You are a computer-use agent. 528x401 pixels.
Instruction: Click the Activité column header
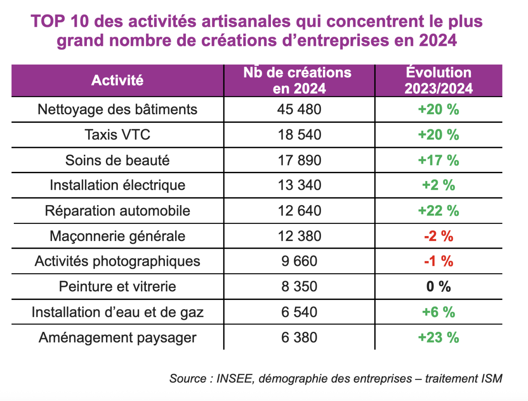117,80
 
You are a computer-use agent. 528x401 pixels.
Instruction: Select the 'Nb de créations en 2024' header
299,80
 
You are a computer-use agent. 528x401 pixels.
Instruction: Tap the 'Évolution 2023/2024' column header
439,80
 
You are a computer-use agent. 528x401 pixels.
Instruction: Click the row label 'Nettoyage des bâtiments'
117,110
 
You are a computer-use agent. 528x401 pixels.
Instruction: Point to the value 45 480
299,110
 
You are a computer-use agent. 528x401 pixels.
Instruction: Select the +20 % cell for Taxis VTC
439,135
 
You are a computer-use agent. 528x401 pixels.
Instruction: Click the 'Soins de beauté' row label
117,160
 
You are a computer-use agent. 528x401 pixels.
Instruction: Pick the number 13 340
299,185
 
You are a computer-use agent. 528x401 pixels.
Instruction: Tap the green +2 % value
439,185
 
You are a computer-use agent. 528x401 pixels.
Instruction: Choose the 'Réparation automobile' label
117,211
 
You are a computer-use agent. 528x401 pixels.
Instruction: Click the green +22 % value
439,211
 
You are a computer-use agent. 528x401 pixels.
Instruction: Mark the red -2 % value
439,236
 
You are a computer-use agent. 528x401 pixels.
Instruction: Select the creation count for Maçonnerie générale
299,236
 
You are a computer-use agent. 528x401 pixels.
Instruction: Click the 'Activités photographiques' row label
117,261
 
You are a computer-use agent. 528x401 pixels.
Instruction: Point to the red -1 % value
439,261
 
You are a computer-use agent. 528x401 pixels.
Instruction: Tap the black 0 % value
439,287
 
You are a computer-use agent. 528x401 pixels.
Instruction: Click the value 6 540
299,312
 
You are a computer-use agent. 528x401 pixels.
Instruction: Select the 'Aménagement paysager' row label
117,338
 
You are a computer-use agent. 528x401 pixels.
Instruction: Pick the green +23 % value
439,338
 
